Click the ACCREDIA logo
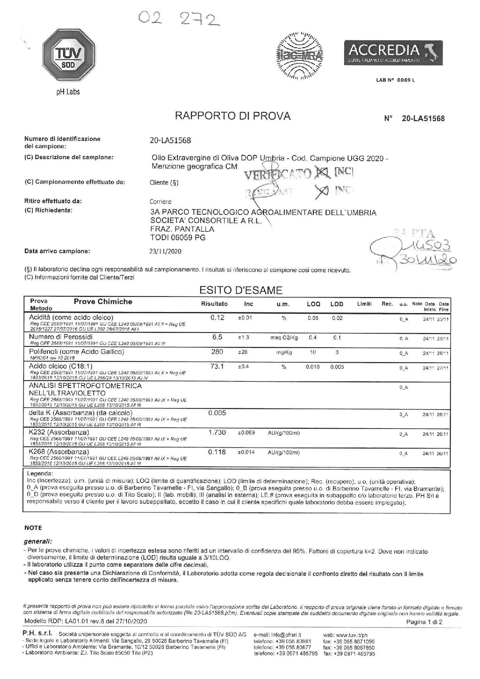click(393, 53)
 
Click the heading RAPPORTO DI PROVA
click(233, 116)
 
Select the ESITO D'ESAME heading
click(240, 290)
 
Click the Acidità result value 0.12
click(217, 318)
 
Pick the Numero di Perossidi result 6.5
click(217, 337)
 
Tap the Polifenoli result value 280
click(217, 352)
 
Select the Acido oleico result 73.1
click(217, 366)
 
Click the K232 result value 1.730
click(217, 432)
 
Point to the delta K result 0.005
click(217, 413)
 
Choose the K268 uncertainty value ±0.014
click(246, 452)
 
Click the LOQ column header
click(313, 304)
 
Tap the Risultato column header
click(214, 304)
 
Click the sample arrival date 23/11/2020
click(165, 251)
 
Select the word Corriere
click(160, 202)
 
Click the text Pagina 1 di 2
click(424, 622)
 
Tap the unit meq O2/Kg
click(284, 338)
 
